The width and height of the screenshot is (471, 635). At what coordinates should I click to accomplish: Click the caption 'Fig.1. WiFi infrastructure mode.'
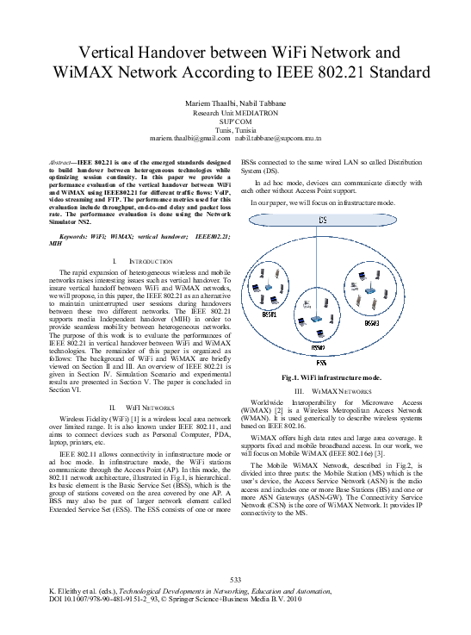(x=331, y=377)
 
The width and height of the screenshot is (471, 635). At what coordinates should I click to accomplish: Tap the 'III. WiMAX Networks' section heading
(x=332, y=390)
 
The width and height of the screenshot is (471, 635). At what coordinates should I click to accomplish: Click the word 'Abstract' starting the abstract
(x=60, y=162)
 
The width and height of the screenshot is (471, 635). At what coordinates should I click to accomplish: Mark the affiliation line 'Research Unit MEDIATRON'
(x=235, y=113)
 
